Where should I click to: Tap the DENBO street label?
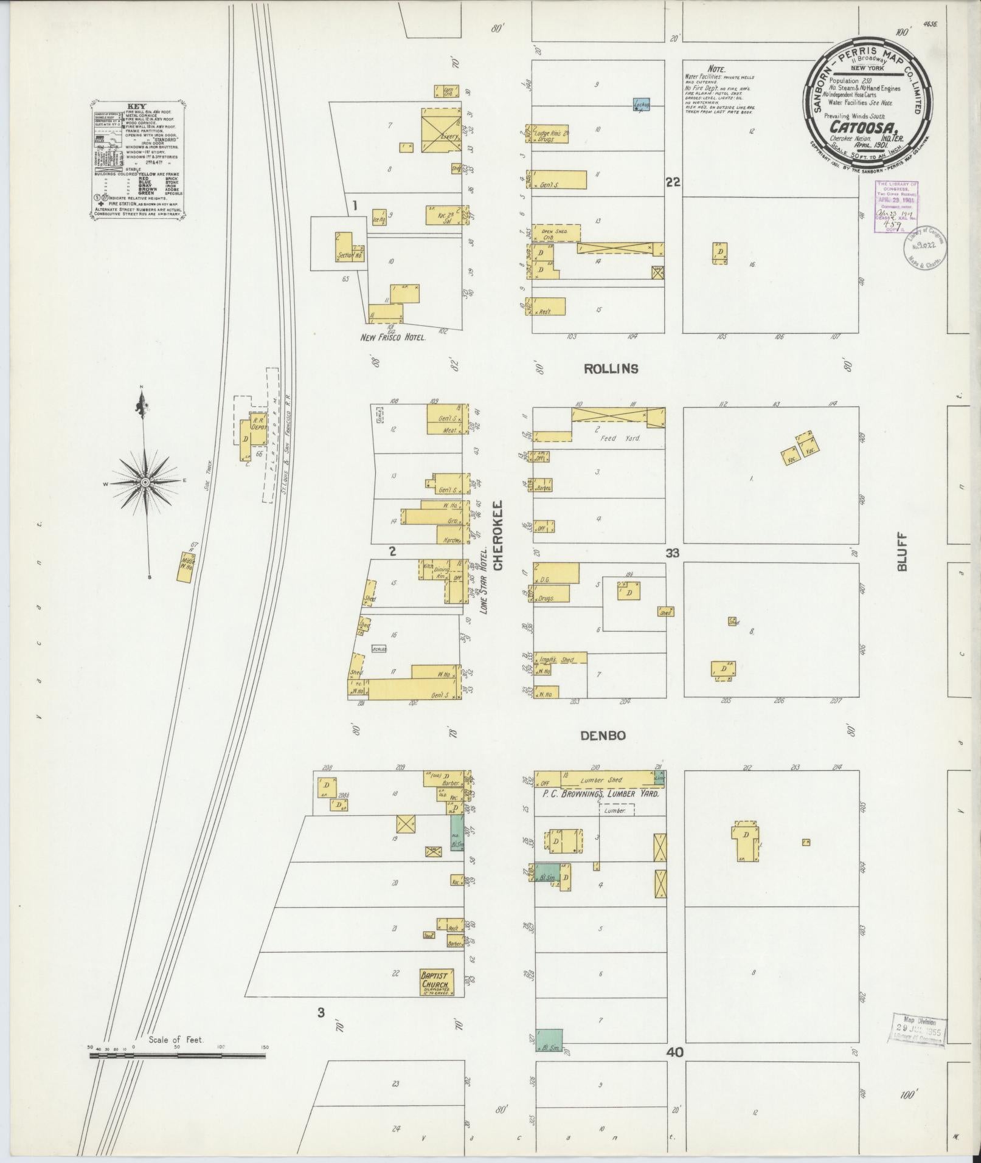coord(603,736)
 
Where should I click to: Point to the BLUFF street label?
coord(902,552)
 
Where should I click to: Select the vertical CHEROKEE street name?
coord(498,536)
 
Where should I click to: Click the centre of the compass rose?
coord(145,482)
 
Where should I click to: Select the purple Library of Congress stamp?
coord(896,207)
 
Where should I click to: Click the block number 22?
coord(673,182)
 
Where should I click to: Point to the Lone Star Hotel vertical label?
coord(485,579)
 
